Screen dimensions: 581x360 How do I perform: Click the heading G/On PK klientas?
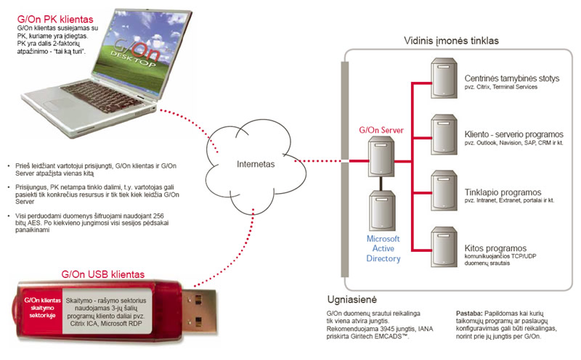pyautogui.click(x=55, y=20)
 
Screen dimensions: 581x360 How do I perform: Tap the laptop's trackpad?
pyautogui.click(x=60, y=104)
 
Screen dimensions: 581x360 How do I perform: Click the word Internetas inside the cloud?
pyautogui.click(x=256, y=164)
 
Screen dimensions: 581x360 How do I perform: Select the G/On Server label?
pyautogui.click(x=381, y=130)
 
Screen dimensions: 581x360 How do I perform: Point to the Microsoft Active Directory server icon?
pyautogui.click(x=383, y=210)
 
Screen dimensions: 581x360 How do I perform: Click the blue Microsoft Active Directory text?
pyautogui.click(x=383, y=248)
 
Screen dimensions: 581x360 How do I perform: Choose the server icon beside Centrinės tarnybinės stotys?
pyautogui.click(x=444, y=78)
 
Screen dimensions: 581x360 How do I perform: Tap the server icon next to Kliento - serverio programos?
pyautogui.click(x=444, y=135)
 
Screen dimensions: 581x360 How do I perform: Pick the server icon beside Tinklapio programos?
pyautogui.click(x=444, y=191)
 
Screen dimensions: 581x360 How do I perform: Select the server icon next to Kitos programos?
pyautogui.click(x=444, y=247)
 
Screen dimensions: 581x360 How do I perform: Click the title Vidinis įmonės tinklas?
pyautogui.click(x=451, y=41)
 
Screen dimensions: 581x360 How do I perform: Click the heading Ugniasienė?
pyautogui.click(x=352, y=300)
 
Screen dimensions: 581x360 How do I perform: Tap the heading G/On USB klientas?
pyautogui.click(x=102, y=274)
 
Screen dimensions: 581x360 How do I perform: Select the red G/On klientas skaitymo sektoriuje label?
pyautogui.click(x=42, y=308)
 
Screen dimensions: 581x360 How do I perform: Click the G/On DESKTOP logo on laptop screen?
pyautogui.click(x=135, y=53)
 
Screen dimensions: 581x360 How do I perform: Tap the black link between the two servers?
pyautogui.click(x=381, y=184)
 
